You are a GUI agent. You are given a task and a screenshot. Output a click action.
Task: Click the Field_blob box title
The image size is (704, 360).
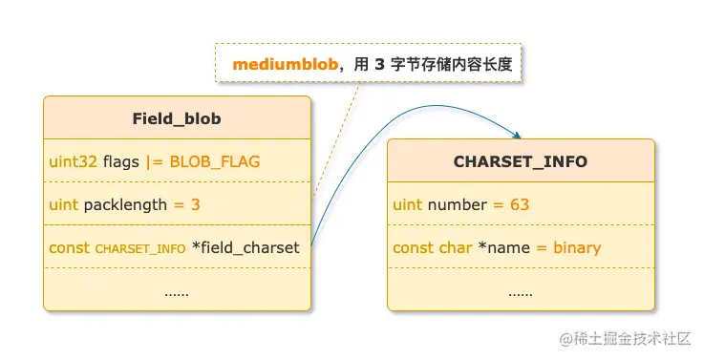[177, 118]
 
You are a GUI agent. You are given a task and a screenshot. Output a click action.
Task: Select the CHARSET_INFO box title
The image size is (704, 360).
[521, 161]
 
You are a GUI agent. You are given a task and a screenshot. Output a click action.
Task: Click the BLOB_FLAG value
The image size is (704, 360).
[215, 161]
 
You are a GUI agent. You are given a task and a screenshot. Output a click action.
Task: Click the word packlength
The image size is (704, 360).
[130, 204]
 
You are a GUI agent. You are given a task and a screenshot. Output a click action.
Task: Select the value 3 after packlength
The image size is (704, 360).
[195, 204]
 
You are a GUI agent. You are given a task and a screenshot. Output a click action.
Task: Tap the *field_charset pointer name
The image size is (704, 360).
[246, 247]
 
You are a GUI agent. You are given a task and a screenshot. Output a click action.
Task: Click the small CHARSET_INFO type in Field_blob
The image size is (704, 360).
[140, 249]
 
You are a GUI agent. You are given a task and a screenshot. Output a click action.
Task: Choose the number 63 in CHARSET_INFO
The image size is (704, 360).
[520, 204]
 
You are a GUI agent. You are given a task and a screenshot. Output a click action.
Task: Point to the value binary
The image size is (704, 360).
[577, 247]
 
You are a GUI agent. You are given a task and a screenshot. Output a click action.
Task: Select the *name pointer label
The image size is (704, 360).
[503, 247]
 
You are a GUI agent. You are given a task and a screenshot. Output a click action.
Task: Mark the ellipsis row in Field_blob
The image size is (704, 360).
[177, 290]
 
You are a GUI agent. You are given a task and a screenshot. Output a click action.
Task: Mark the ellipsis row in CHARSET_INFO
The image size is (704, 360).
[521, 290]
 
